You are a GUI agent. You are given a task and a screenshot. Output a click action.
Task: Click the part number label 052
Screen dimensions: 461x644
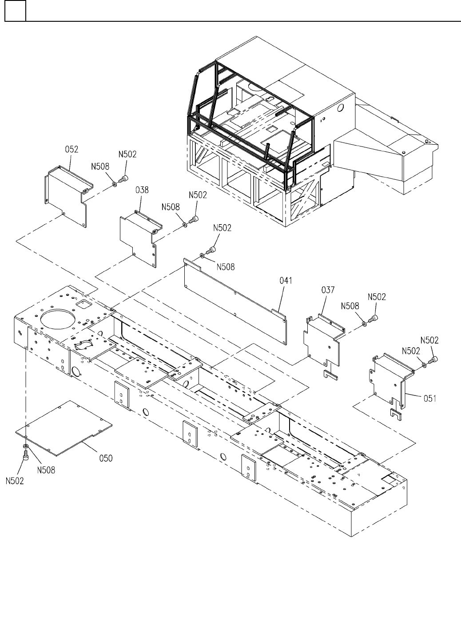[72, 149]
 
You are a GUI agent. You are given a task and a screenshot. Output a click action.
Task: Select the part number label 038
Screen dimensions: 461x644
[142, 190]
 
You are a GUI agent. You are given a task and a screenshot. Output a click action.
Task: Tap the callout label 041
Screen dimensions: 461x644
[286, 281]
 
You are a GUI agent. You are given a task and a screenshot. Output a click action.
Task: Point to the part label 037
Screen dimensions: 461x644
[328, 290]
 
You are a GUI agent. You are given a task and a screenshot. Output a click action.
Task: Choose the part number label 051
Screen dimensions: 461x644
[430, 399]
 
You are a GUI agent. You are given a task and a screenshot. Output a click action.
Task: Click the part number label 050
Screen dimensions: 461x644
[106, 458]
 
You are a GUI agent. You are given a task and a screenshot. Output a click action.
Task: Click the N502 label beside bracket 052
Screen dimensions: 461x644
[127, 154]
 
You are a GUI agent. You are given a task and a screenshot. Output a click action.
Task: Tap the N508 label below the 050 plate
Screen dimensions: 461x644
[46, 470]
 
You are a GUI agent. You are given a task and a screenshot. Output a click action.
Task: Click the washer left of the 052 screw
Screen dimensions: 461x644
[115, 183]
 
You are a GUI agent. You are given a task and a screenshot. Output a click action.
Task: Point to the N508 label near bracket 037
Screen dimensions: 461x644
[350, 306]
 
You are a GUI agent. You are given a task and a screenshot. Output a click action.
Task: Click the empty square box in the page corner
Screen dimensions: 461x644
[15, 11]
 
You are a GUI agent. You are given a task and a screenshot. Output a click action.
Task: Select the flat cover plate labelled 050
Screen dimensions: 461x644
[64, 428]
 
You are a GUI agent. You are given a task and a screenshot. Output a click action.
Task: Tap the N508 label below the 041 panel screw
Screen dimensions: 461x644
[226, 267]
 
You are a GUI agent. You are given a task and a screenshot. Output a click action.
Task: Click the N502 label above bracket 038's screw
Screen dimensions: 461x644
[198, 195]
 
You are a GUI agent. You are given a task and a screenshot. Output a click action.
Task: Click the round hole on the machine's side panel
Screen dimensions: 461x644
[340, 108]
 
